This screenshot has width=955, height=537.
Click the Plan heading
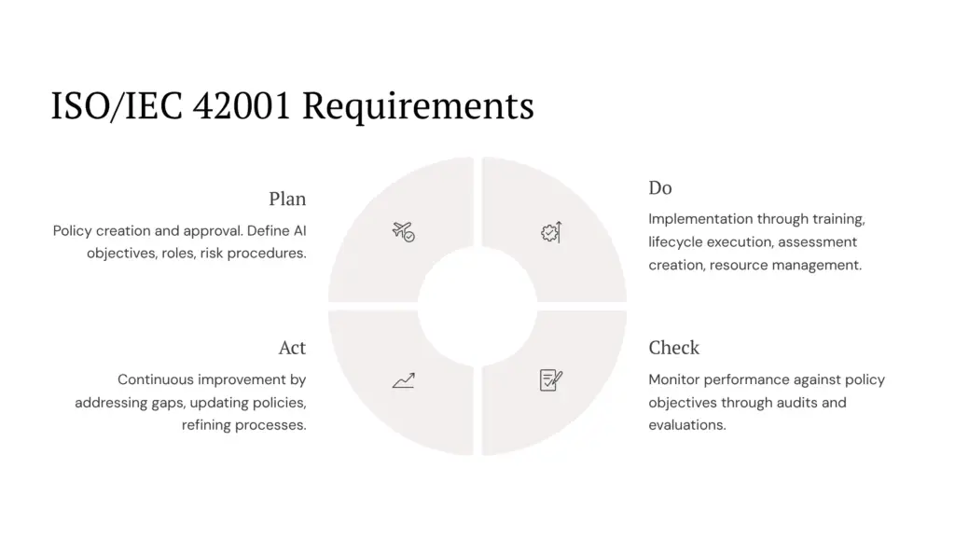click(x=287, y=199)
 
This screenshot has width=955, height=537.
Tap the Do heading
click(x=660, y=188)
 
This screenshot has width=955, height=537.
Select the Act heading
click(x=292, y=348)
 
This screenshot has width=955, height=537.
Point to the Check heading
click(x=673, y=348)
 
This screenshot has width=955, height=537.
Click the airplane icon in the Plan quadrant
click(x=403, y=231)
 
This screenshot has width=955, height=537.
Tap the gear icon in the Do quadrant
click(x=551, y=231)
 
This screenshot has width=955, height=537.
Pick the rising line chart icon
click(x=403, y=380)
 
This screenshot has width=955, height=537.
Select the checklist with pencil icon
click(x=551, y=379)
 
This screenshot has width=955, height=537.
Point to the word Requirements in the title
click(x=419, y=106)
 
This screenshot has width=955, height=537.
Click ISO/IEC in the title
click(x=116, y=106)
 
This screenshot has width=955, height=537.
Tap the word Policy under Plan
click(x=73, y=230)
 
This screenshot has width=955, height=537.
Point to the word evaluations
click(x=686, y=425)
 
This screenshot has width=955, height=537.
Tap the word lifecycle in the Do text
click(x=675, y=242)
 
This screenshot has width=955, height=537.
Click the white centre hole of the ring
click(x=477, y=306)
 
